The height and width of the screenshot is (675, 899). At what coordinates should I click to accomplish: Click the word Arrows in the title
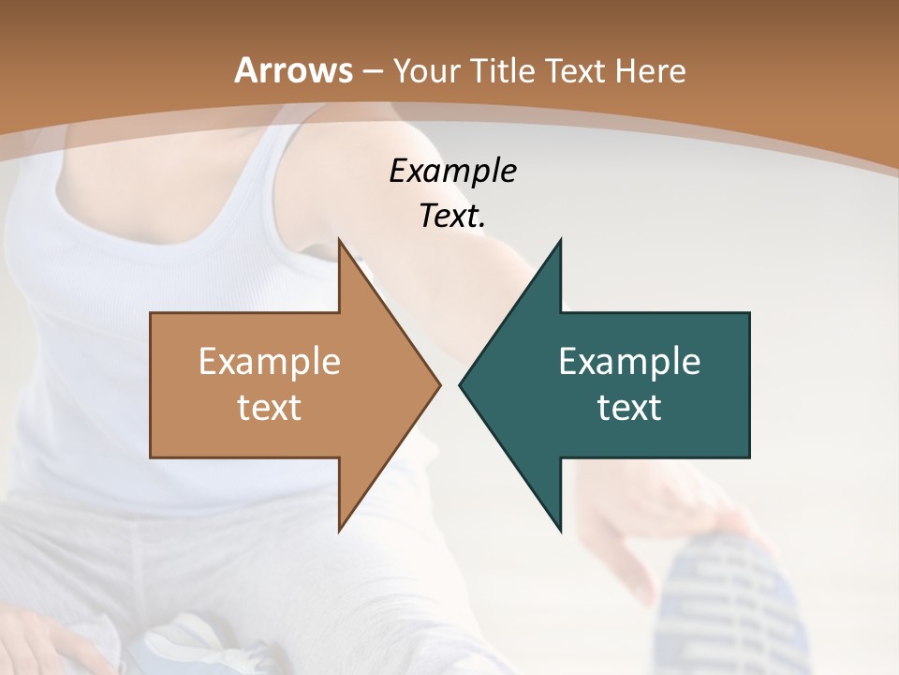pos(293,70)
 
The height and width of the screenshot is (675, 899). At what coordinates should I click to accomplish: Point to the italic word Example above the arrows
pos(452,172)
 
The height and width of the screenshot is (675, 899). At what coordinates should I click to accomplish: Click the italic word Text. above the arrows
pos(452,217)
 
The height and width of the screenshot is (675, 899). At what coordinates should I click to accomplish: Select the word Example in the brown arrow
pos(269,362)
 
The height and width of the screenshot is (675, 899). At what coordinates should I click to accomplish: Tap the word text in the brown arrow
pos(269,408)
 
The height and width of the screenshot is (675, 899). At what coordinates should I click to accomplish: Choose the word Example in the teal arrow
pos(629,362)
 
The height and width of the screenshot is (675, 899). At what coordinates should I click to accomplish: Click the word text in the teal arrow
pos(629,408)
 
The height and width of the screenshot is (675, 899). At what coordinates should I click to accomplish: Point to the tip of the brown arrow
pos(440,384)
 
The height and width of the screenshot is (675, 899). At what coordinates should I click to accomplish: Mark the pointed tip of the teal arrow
pos(460,384)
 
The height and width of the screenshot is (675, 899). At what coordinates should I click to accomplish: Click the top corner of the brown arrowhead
pos(339,240)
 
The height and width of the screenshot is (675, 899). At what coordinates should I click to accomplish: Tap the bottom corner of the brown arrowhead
pos(339,531)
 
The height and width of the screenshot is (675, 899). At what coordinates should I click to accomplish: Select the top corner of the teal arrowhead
pos(560,240)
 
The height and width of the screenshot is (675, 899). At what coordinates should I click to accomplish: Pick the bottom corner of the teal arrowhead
pos(560,531)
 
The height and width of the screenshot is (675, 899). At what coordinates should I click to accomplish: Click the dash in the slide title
pos(372,71)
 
